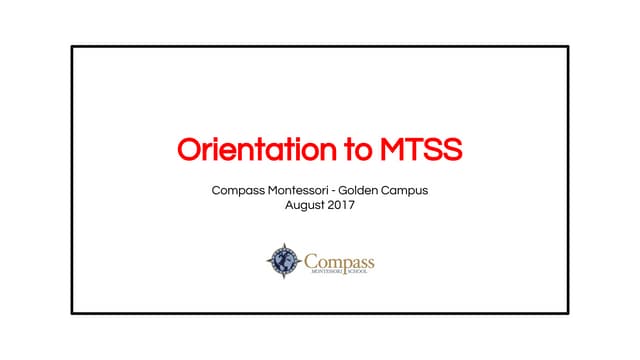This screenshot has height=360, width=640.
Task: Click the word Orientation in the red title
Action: point(254,150)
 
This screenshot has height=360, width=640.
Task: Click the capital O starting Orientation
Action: point(189,150)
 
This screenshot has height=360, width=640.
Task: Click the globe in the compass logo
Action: point(284,261)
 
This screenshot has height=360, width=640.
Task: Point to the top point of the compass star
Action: point(284,243)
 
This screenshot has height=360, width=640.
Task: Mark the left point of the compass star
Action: point(267,261)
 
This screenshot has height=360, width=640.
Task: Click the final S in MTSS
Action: point(452,150)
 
